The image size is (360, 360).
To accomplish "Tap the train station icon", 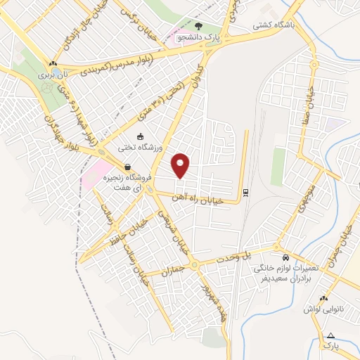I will [x=245, y=192].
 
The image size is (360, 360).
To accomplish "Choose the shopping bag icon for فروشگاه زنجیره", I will [x=127, y=167].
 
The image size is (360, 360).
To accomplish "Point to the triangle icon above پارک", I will [x=330, y=335].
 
